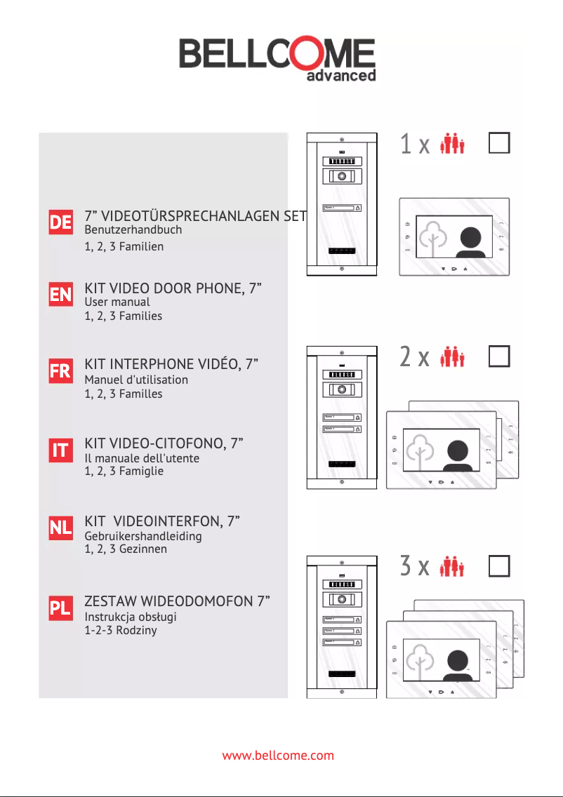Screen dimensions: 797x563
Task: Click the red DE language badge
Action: coord(60,222)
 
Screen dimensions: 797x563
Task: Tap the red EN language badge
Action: coord(60,295)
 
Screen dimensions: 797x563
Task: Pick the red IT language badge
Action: coord(60,451)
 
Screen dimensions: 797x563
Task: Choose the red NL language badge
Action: coord(60,530)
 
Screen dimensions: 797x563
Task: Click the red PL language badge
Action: coord(60,609)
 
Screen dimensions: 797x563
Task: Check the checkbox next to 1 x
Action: coord(498,144)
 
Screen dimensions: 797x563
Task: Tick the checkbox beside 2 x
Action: coord(498,357)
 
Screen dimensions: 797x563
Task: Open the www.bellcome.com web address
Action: coord(278,756)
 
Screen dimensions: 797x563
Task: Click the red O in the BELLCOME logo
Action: coord(296,55)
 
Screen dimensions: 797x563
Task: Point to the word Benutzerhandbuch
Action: coord(133,229)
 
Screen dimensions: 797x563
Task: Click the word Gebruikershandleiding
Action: coord(143,536)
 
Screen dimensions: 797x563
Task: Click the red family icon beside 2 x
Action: coord(453,358)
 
